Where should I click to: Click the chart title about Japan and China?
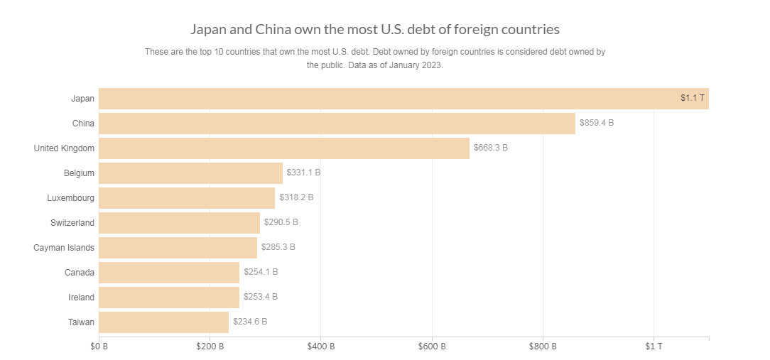tap(375, 29)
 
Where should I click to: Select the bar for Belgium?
tap(190, 173)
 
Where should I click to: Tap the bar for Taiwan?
tap(163, 322)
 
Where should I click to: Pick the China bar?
tap(337, 123)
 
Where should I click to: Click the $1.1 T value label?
tap(692, 98)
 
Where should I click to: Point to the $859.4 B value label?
tap(597, 123)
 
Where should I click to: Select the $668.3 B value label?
tap(491, 148)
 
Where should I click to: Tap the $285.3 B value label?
tap(278, 247)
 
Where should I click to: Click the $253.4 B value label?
tap(260, 297)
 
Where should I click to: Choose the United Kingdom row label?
tap(64, 148)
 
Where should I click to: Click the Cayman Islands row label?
tap(64, 247)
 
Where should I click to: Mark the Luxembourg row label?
tap(70, 197)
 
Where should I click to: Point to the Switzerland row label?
tap(72, 222)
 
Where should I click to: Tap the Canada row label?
tap(80, 272)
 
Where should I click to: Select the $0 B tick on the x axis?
tap(99, 347)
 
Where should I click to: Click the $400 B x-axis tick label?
tap(320, 347)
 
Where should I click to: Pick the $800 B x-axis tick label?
tap(543, 347)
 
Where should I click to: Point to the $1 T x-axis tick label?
tap(654, 347)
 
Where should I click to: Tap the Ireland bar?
tap(169, 297)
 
